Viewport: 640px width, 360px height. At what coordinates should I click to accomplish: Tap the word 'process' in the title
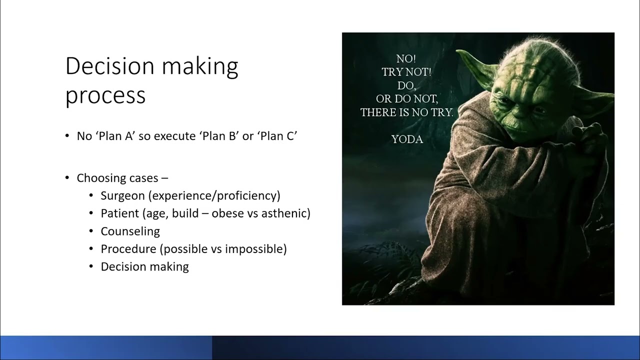tap(105, 95)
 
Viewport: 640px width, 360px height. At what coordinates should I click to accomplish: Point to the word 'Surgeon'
tap(122, 195)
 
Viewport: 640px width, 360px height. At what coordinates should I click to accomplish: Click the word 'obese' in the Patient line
tap(227, 213)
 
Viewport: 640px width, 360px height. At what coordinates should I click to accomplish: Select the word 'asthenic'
tap(287, 213)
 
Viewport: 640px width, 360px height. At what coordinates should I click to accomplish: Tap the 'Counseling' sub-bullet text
tap(130, 231)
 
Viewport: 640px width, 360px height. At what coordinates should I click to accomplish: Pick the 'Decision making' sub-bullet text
tap(144, 267)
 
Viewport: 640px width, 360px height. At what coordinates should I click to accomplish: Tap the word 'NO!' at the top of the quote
tap(406, 58)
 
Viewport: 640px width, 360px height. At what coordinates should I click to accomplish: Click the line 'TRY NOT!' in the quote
tap(406, 72)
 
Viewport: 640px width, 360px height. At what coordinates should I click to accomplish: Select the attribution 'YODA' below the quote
tap(407, 139)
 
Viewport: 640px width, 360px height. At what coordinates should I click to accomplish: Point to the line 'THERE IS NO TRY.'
tap(406, 112)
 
